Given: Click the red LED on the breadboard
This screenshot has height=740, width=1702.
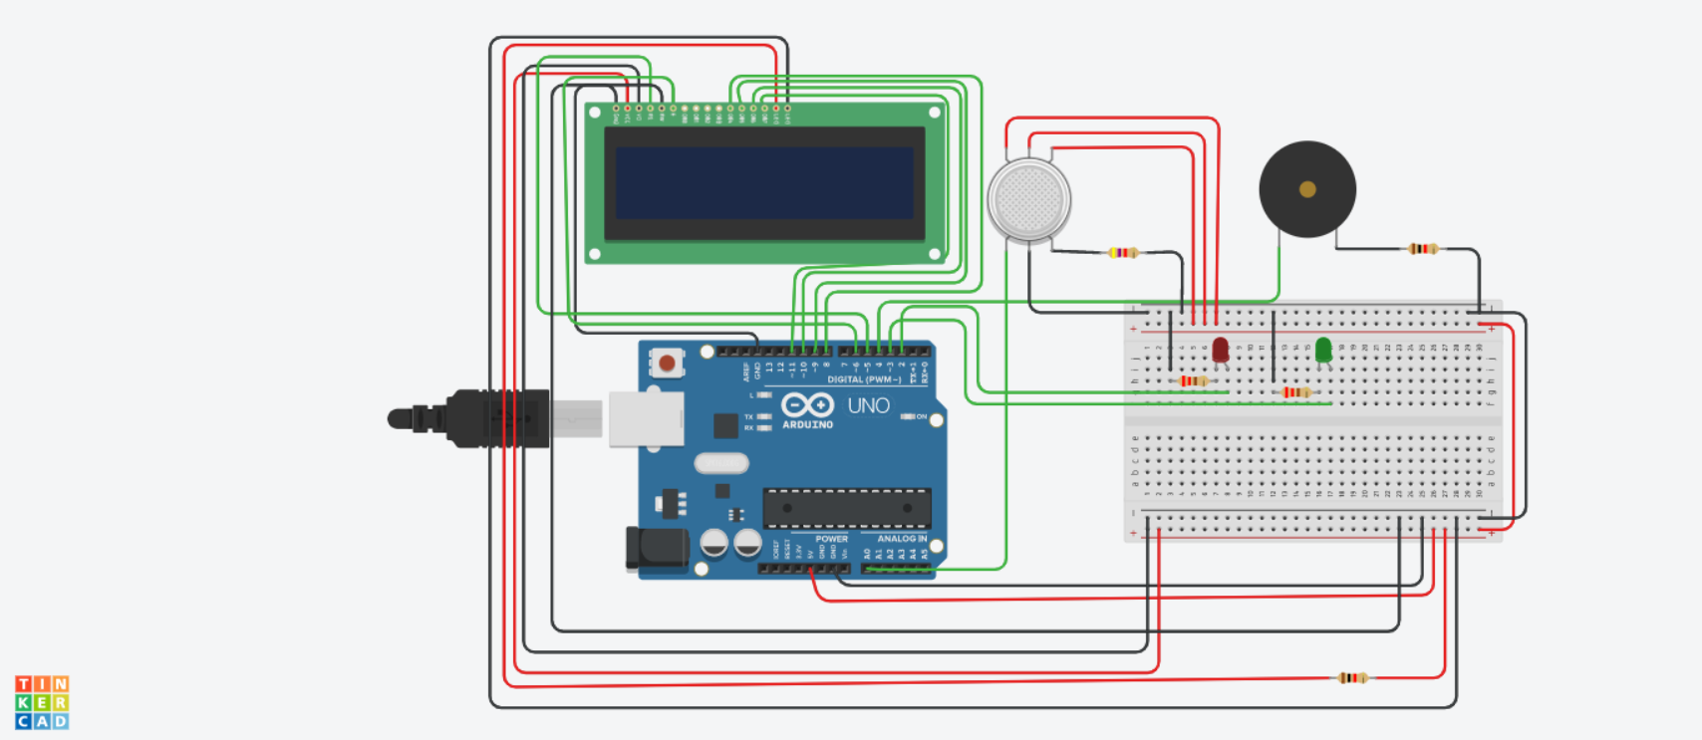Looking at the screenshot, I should tap(1221, 350).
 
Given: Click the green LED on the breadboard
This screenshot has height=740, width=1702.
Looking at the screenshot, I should tap(1323, 350).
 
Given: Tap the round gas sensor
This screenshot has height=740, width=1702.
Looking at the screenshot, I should tap(1029, 200).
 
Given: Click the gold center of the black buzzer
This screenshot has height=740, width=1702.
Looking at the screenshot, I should tap(1307, 189).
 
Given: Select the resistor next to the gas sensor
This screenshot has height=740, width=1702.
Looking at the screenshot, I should tap(1123, 253).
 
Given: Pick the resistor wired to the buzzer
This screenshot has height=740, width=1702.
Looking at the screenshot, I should tap(1423, 249).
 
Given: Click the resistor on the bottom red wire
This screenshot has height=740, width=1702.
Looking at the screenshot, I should tap(1351, 678).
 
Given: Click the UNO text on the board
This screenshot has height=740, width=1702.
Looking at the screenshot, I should tap(868, 406).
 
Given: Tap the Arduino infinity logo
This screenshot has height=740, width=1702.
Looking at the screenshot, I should tap(807, 405).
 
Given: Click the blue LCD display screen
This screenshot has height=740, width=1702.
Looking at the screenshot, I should tap(764, 183).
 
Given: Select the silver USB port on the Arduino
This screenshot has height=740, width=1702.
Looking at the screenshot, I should tap(646, 418).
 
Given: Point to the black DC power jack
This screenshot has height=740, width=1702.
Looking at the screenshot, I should tap(656, 549).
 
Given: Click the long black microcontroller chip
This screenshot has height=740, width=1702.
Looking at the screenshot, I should tap(847, 508).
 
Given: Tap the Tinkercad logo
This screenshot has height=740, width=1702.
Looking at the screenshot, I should tap(42, 702).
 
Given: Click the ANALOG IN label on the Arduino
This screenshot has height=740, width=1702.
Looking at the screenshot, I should tap(902, 539).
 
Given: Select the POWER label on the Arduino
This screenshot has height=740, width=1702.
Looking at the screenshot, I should tap(831, 539).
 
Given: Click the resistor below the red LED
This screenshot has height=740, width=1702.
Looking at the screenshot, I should tap(1193, 381).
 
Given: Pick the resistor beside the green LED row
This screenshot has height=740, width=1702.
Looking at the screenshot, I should tap(1296, 392).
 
